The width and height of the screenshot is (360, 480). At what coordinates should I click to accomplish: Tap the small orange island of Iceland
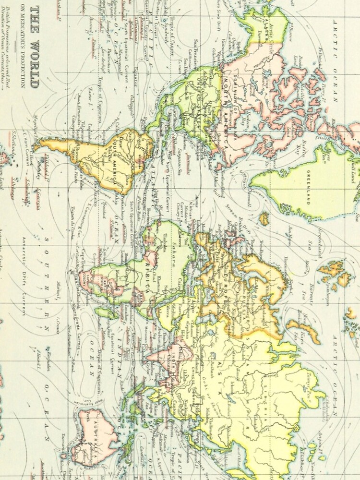[x=264, y=218]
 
